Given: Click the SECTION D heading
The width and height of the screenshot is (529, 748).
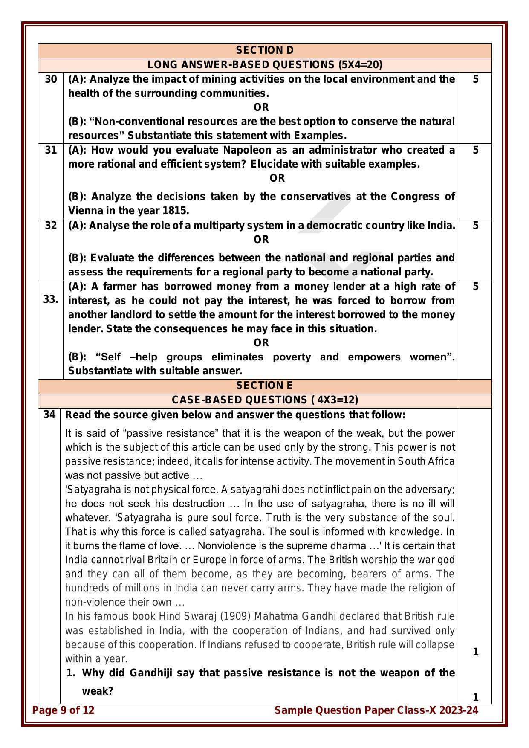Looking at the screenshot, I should coord(264,50).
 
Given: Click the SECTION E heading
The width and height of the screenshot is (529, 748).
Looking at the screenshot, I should coord(264,386).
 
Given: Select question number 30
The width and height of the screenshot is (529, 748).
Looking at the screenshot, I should coord(51,79).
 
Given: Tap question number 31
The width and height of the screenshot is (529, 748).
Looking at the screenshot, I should coord(51,150).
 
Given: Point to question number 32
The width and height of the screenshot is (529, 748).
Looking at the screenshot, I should coord(51,226).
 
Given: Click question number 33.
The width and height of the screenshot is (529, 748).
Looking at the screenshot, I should coord(51,299).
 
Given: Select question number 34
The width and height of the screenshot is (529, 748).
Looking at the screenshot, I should coord(49,415).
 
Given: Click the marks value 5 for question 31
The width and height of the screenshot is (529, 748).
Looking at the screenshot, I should coord(476,150).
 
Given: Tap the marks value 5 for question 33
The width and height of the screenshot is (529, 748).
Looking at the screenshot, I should coord(476,287).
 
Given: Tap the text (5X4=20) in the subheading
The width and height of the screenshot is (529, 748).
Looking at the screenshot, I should coord(360,65).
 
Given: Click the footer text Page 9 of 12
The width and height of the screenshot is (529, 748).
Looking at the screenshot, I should coord(64,710).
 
